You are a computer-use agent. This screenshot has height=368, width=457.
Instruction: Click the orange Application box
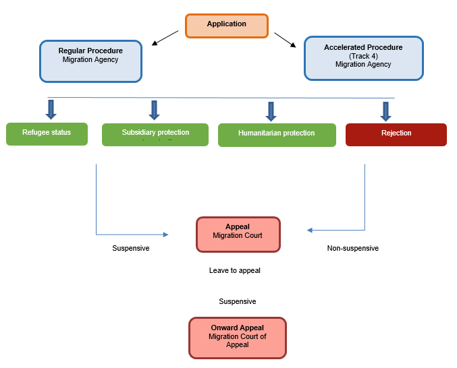click(x=227, y=26)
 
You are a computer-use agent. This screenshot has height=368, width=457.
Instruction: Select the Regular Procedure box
click(x=90, y=61)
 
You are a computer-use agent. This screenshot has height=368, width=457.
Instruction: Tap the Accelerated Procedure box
click(x=363, y=58)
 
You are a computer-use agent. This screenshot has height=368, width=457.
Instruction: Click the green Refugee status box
click(x=47, y=133)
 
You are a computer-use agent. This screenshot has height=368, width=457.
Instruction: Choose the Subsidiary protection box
click(x=155, y=134)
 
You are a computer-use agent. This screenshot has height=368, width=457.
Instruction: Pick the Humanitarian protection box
click(x=276, y=135)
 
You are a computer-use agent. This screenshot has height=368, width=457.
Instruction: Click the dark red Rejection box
click(x=396, y=134)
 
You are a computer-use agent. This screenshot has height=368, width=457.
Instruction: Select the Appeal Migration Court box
click(x=238, y=233)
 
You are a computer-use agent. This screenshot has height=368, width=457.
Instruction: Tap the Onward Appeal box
click(x=238, y=337)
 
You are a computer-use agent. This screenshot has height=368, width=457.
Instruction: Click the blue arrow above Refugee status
click(x=51, y=110)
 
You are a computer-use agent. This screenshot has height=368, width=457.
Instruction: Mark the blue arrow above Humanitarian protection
click(x=271, y=111)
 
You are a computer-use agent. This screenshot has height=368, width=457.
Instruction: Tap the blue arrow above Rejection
click(x=385, y=111)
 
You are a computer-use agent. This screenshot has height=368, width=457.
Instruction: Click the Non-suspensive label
click(x=352, y=248)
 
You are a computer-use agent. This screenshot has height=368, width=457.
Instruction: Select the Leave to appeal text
click(x=234, y=270)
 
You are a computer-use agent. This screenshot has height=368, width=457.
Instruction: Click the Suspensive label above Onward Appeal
click(x=237, y=301)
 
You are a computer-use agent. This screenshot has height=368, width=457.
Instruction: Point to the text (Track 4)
click(x=363, y=56)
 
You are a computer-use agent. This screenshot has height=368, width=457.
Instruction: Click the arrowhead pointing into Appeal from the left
click(x=165, y=235)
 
